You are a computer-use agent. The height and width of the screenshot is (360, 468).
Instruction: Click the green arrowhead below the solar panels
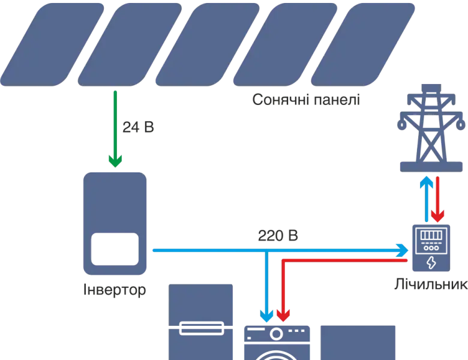115,160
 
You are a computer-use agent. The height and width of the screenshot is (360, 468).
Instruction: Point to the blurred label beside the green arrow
139,127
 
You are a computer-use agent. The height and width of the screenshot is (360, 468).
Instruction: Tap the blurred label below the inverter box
115,292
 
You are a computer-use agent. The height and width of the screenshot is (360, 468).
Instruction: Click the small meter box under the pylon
429,246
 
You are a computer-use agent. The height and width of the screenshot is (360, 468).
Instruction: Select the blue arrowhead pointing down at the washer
265,314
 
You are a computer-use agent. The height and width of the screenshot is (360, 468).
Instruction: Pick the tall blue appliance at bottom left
201,321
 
